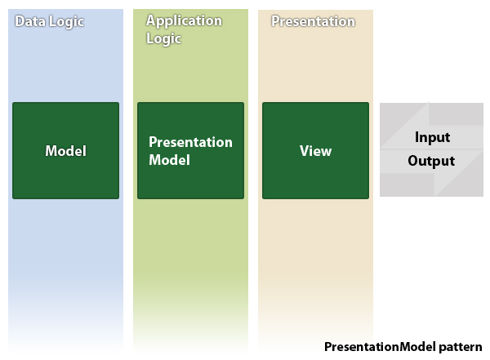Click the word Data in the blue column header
pos(30,21)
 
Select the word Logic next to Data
pos(67,22)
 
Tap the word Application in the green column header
pos(184,21)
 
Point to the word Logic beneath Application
pos(164,39)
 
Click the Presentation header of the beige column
pos(313,21)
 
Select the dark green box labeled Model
pos(65,150)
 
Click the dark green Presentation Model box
pos(190,150)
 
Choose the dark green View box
pos(315,150)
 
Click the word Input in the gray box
pos(433,137)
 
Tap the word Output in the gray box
pos(431,161)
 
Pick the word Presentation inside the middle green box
pos(190,142)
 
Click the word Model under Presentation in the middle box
pos(169,160)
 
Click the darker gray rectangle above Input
pos(456,114)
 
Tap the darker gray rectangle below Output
pos(407,184)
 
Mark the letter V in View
pos(305,150)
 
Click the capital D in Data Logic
pos(20,21)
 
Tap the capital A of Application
pos(151,20)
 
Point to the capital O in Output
pos(413,161)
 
